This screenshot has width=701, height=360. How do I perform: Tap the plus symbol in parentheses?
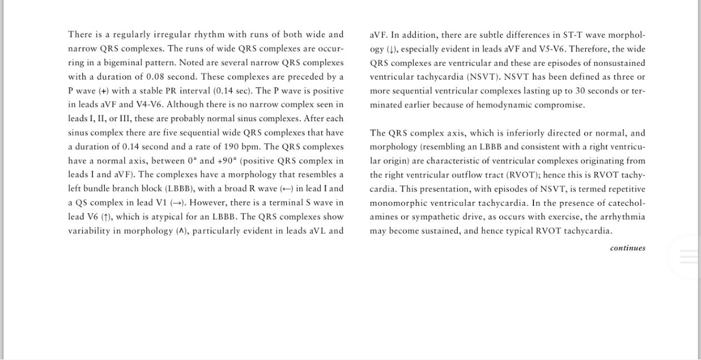coord(104,91)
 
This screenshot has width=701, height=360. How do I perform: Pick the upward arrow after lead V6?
coord(106,217)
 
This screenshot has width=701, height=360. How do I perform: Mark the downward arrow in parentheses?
coord(392,49)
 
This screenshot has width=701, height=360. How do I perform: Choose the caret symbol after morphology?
coord(181,231)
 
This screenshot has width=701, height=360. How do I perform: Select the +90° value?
coord(227,161)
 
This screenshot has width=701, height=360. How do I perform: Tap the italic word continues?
coord(628,248)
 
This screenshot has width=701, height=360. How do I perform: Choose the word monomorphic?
coord(397,203)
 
